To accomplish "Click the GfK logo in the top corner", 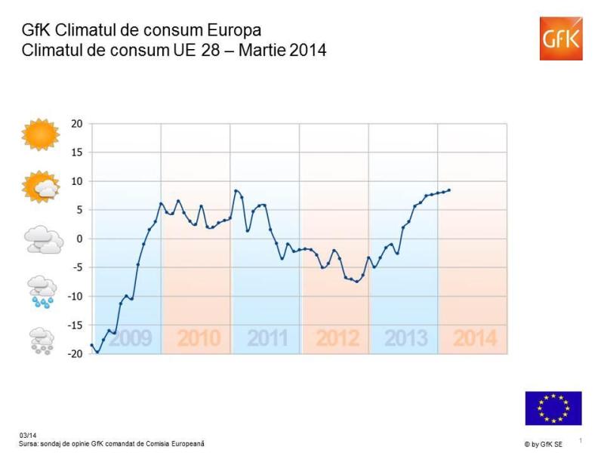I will click(x=560, y=38).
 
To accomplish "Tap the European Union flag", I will click(x=553, y=408).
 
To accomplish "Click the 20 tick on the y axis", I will click(x=77, y=124).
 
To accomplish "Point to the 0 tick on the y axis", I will click(x=79, y=239).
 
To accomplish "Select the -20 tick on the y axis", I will click(x=75, y=353).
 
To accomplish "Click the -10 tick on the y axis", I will click(x=75, y=296).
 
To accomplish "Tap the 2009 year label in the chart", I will click(x=130, y=338).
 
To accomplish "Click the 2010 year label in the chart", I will click(x=199, y=338).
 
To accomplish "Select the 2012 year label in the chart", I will click(x=337, y=338).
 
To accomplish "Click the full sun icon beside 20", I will click(x=40, y=136).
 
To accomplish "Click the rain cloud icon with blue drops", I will click(x=42, y=291).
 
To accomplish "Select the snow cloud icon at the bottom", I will click(x=42, y=341).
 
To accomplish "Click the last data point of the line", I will click(x=449, y=190).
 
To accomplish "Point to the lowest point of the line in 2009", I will click(x=97, y=352).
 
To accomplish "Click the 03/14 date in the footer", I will click(x=26, y=436).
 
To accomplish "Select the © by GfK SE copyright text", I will click(x=543, y=444).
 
